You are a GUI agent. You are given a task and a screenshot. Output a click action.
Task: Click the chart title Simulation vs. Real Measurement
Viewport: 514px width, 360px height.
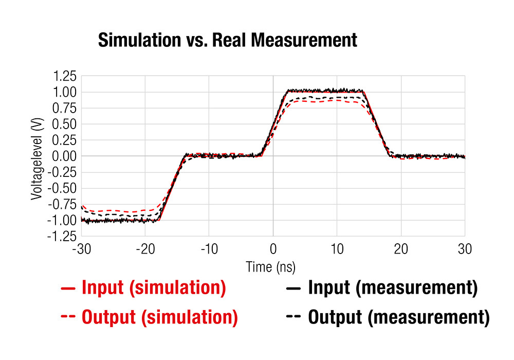click(227, 40)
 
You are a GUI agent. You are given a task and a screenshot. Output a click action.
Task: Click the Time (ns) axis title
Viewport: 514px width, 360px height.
click(271, 267)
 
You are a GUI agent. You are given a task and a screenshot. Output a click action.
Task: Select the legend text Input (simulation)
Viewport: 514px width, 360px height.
click(154, 289)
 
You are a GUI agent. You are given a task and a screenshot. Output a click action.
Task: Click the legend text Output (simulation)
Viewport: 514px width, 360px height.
click(160, 317)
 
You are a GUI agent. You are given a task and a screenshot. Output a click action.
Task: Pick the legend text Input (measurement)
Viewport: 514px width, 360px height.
click(393, 289)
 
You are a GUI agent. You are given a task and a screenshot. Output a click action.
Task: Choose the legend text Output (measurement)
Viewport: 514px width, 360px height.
click(399, 317)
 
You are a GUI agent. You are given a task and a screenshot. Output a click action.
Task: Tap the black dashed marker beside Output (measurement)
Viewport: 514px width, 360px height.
click(293, 317)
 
